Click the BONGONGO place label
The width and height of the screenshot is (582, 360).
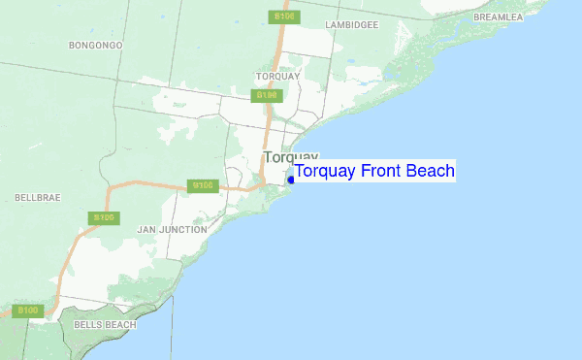click(x=96, y=45)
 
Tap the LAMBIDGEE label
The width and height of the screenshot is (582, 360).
click(x=351, y=25)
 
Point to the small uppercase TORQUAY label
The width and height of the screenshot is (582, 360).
click(x=278, y=76)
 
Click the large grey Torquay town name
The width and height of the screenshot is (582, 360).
click(x=290, y=157)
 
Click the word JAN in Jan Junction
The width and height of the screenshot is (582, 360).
click(x=147, y=230)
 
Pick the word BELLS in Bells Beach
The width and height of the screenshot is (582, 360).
click(x=88, y=324)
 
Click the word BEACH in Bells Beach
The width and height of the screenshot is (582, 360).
click(x=120, y=324)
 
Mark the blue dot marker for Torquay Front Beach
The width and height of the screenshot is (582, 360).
click(x=291, y=179)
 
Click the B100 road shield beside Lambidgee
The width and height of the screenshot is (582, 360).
click(x=284, y=16)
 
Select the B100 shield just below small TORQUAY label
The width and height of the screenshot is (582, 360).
click(x=267, y=95)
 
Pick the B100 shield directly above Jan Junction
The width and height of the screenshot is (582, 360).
click(x=203, y=185)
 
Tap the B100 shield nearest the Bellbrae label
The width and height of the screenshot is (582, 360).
click(x=104, y=218)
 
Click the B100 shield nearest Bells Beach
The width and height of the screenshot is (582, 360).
click(x=29, y=311)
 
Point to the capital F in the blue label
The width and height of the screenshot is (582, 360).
click(x=366, y=172)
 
